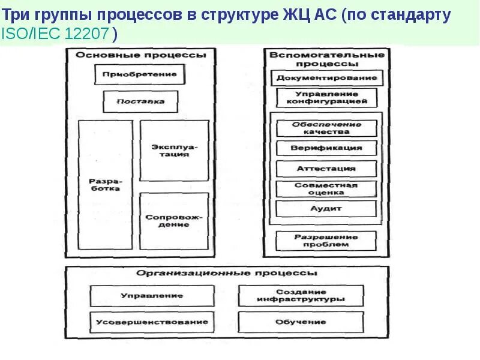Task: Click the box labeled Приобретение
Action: pyautogui.click(x=139, y=74)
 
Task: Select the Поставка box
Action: pyautogui.click(x=141, y=101)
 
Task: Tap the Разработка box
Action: pyautogui.click(x=105, y=184)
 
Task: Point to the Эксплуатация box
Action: pyautogui.click(x=175, y=150)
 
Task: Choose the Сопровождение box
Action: pyautogui.click(x=175, y=220)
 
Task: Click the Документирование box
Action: pyautogui.click(x=327, y=78)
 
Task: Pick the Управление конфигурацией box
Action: pyautogui.click(x=327, y=98)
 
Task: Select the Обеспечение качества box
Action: pyautogui.click(x=327, y=128)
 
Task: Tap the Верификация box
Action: pyautogui.click(x=327, y=148)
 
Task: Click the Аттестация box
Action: pyautogui.click(x=327, y=169)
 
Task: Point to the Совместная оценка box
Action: pyautogui.click(x=327, y=188)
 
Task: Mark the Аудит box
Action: pyautogui.click(x=327, y=208)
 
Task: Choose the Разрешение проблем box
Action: pyautogui.click(x=327, y=241)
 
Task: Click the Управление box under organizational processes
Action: pyautogui.click(x=152, y=296)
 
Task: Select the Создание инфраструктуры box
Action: pyautogui.click(x=301, y=295)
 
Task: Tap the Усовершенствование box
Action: pyautogui.click(x=152, y=322)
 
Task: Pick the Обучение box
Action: pyautogui.click(x=301, y=322)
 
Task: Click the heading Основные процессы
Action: pyautogui.click(x=140, y=55)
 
